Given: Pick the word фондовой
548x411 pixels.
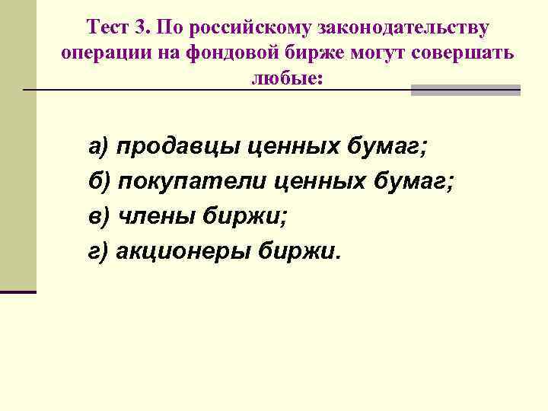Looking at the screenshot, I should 223,53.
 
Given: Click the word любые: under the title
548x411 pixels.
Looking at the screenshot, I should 288,78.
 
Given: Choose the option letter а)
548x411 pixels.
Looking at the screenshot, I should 100,147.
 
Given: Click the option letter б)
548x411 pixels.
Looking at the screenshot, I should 100,182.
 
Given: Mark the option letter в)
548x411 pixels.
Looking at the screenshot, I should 100,216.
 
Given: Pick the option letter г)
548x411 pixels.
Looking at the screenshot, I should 100,251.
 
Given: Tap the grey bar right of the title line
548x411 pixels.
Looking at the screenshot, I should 466,90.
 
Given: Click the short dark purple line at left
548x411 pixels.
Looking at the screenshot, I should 18,292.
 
